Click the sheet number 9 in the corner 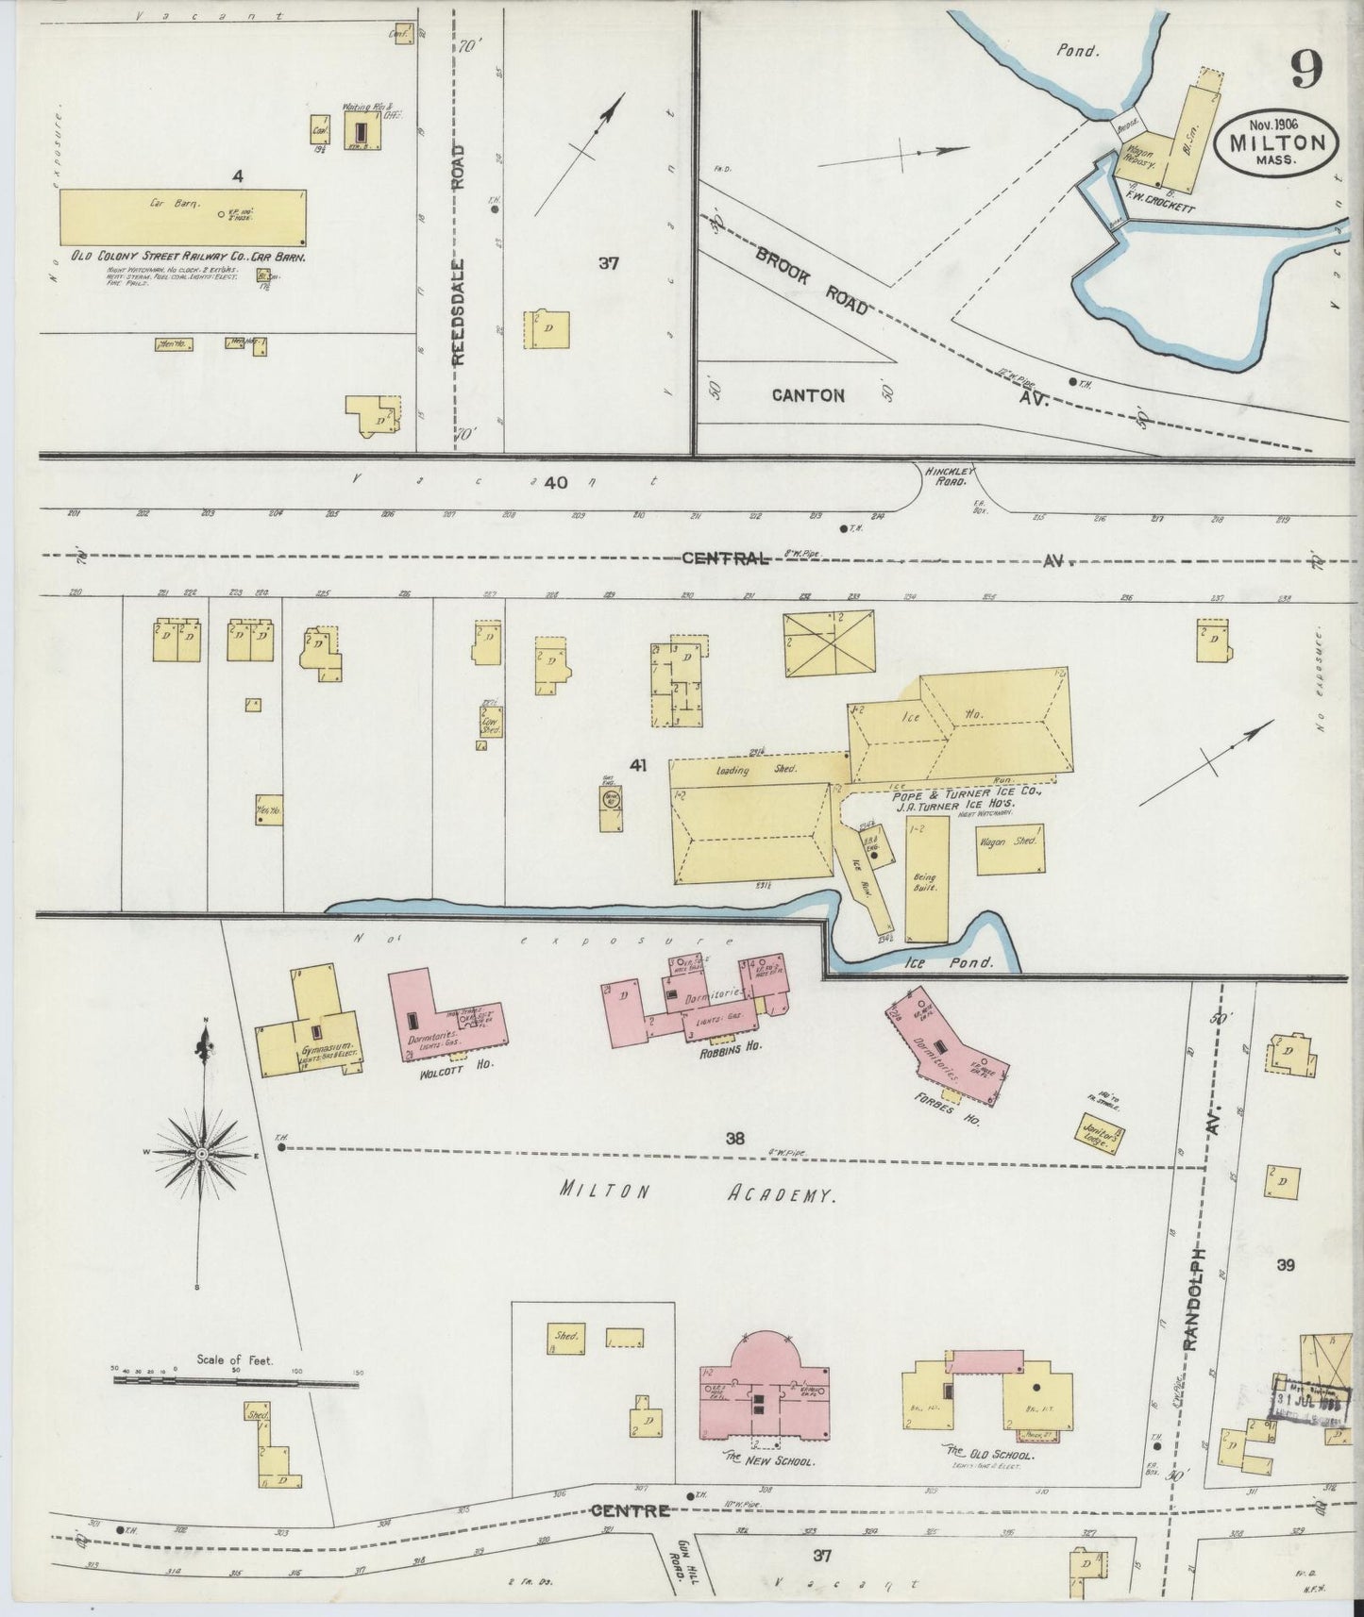[x=1307, y=69]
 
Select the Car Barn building [x=183, y=216]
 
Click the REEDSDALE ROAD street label [x=459, y=255]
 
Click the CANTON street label [x=808, y=395]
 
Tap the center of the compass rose [x=201, y=1153]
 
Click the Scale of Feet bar [x=235, y=1382]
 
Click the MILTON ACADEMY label [x=697, y=1192]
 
